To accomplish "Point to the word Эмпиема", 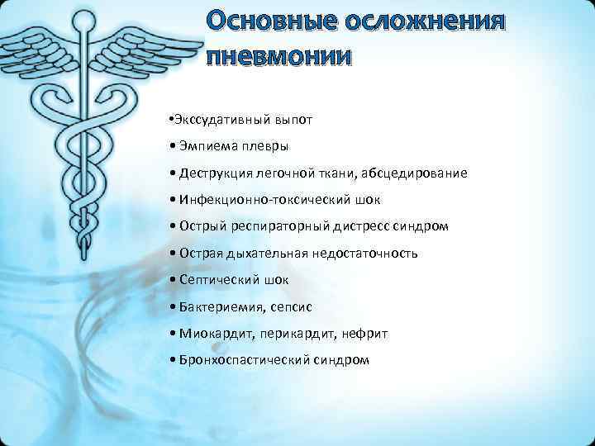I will tap(203, 146).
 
